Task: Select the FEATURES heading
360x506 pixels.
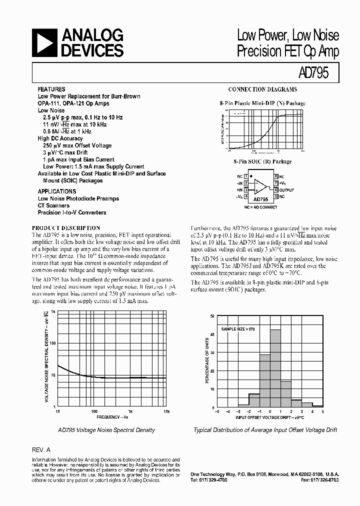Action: (x=51, y=89)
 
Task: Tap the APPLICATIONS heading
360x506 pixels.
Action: (x=57, y=191)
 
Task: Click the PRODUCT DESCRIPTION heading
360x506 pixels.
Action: (x=69, y=226)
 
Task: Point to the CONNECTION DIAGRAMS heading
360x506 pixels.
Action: (x=262, y=89)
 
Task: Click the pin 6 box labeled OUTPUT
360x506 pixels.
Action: (x=275, y=190)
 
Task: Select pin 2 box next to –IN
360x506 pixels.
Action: (x=246, y=183)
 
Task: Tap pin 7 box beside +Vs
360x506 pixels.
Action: (x=275, y=183)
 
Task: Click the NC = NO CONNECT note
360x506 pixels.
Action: (x=261, y=206)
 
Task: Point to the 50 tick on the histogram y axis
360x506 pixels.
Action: (x=212, y=316)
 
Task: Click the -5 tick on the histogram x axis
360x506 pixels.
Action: (x=216, y=411)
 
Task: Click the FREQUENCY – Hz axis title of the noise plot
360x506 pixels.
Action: (x=112, y=416)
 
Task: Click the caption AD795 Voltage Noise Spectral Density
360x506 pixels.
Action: (x=106, y=430)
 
